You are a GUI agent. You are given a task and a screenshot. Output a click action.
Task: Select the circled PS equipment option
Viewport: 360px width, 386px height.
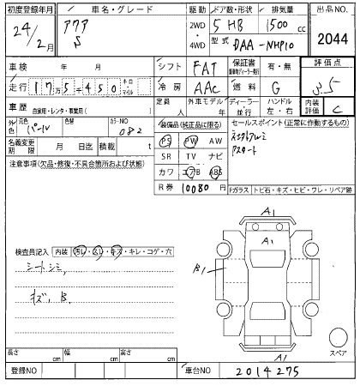click(x=165, y=140)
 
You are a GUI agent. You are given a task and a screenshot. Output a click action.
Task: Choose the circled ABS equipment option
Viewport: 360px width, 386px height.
click(x=216, y=171)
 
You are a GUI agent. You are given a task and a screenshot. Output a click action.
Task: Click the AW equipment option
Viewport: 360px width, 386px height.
click(x=217, y=140)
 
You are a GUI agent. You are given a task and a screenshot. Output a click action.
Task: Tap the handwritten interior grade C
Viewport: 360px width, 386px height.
click(x=340, y=107)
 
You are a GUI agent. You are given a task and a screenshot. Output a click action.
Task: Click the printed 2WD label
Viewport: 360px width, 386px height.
click(x=175, y=25)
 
